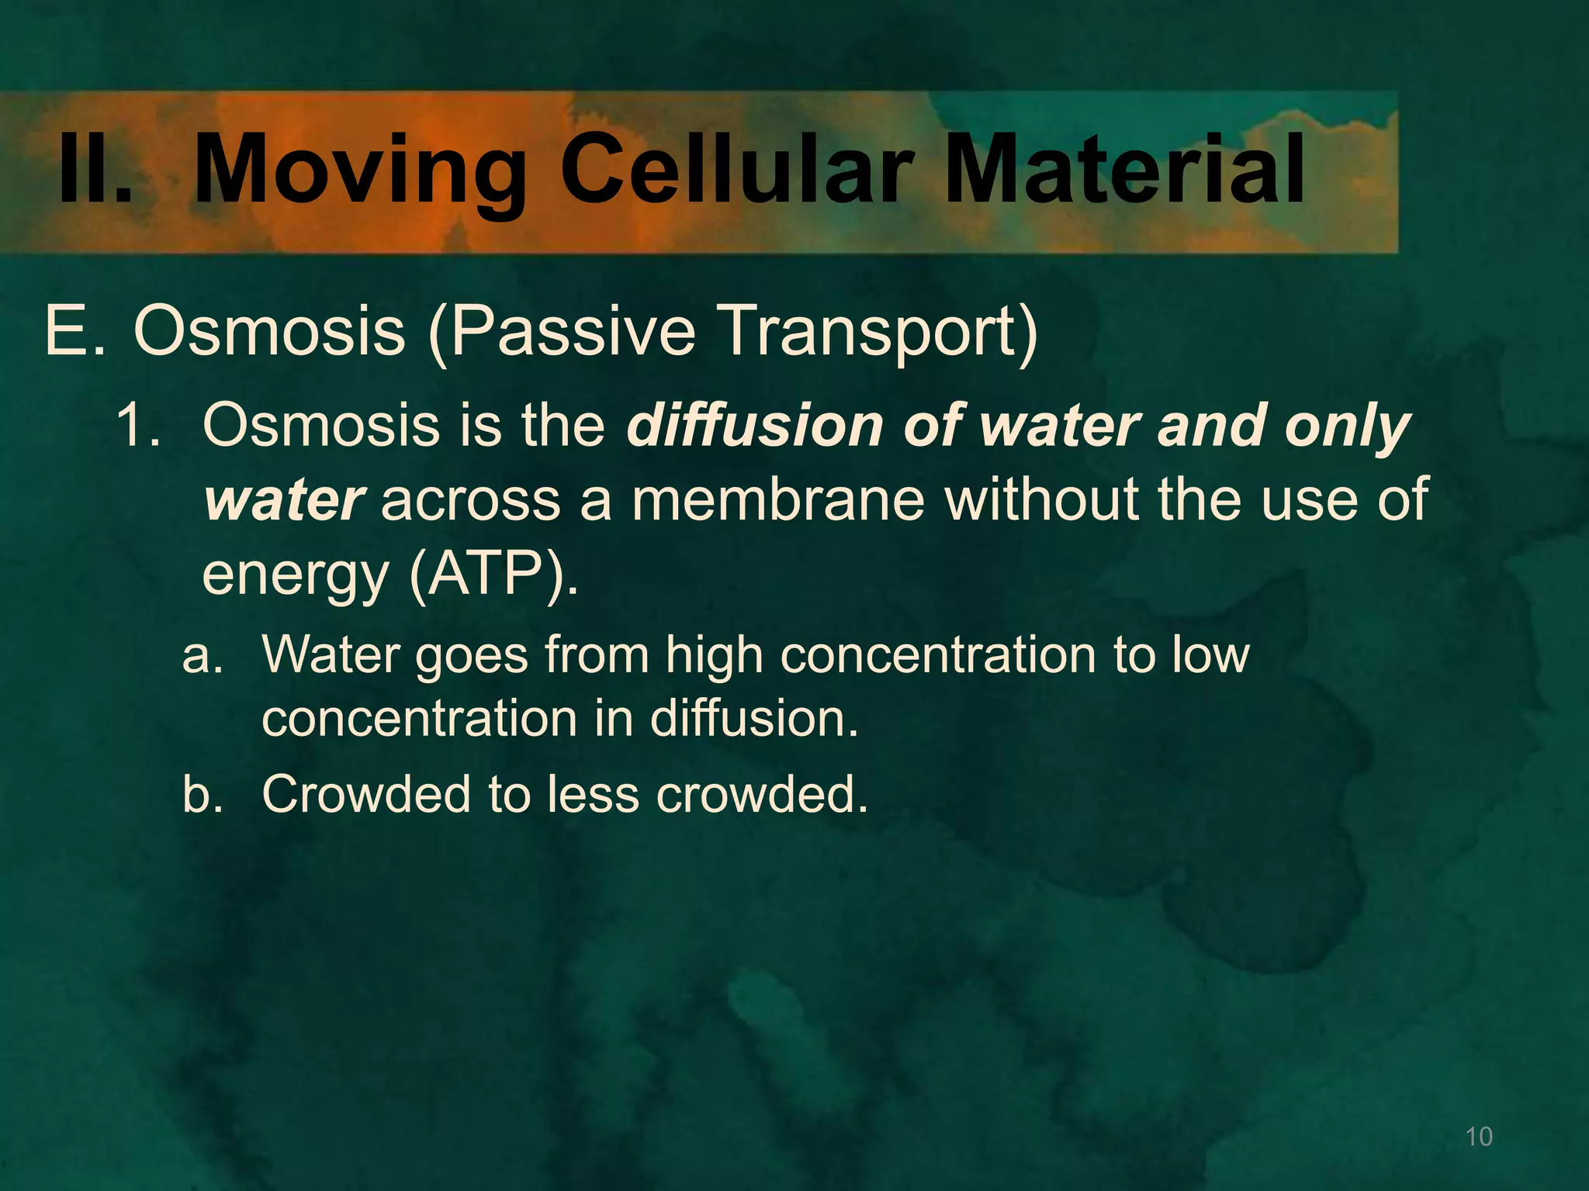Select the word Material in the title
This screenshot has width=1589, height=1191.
(x=1125, y=169)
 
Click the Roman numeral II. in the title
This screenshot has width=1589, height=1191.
(x=95, y=169)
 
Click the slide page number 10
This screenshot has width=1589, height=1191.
(x=1479, y=1137)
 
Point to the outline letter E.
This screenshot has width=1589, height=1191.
(x=74, y=331)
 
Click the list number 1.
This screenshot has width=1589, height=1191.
(x=138, y=426)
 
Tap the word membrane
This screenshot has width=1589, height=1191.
(x=778, y=500)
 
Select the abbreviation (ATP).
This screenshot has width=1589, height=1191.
(x=493, y=575)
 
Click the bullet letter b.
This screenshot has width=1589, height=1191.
(x=201, y=794)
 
